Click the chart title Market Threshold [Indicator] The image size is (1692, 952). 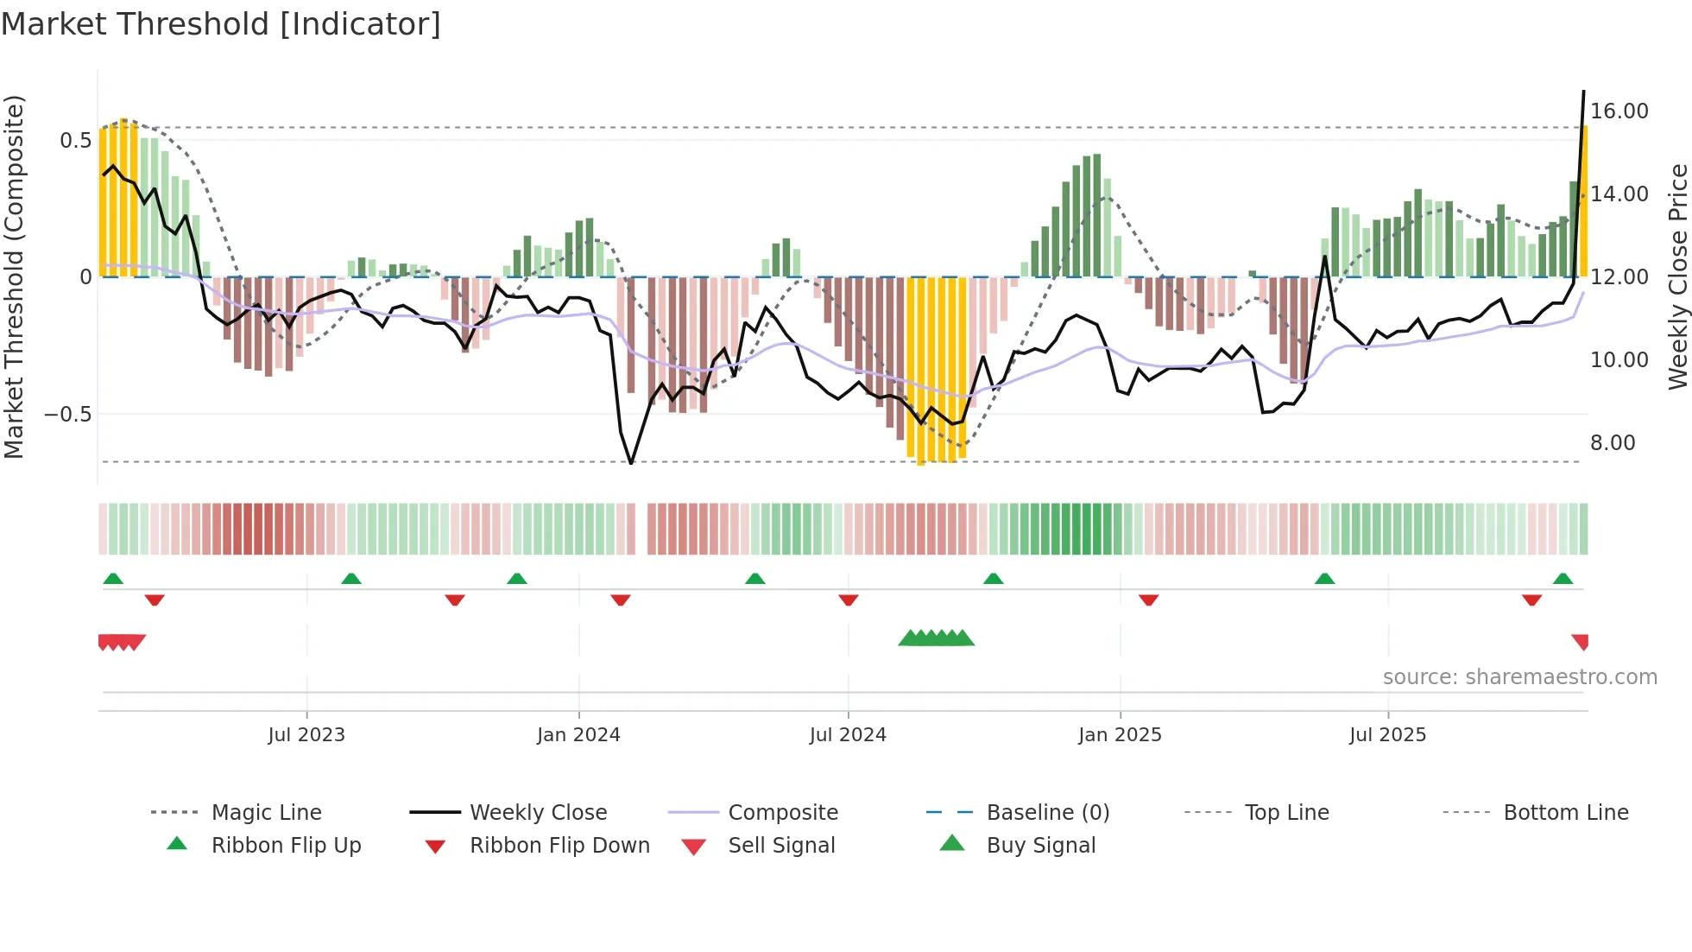(221, 24)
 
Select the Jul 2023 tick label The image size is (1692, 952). (306, 735)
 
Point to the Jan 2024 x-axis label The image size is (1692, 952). (578, 735)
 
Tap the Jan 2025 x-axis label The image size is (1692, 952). (1120, 735)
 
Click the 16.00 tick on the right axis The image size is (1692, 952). (1619, 111)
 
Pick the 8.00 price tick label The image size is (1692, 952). (1613, 443)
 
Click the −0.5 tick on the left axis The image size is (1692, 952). (67, 415)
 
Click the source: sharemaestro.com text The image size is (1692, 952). (1519, 677)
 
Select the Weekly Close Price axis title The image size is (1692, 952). (1677, 276)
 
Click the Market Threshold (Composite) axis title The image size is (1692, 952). (14, 276)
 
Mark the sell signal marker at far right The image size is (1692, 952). (1581, 642)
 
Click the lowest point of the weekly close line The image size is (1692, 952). (631, 463)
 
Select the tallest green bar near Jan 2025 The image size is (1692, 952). (1096, 216)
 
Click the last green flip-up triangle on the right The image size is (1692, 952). (1563, 579)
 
